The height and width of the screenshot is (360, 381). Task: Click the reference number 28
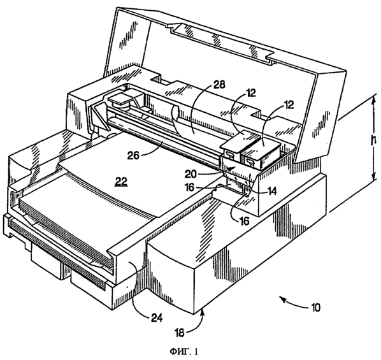coord(219,85)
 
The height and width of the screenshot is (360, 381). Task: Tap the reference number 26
coord(133,155)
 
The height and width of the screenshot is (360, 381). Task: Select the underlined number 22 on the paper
coord(121,181)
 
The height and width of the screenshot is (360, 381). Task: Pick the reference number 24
coord(156,317)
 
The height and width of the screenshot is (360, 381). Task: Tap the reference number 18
coord(180,333)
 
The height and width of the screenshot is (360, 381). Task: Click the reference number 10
coord(315,308)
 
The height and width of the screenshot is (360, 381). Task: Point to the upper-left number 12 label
coord(250,93)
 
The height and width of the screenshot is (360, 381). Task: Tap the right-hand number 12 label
coord(288,105)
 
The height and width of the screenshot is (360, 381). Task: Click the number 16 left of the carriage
coord(190,187)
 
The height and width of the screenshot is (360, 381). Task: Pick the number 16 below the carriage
coord(244,221)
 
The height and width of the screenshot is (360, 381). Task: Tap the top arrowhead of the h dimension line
coord(372,97)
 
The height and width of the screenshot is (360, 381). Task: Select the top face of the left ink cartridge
coord(240,140)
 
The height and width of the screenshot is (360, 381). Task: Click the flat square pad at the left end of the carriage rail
coord(121,98)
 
